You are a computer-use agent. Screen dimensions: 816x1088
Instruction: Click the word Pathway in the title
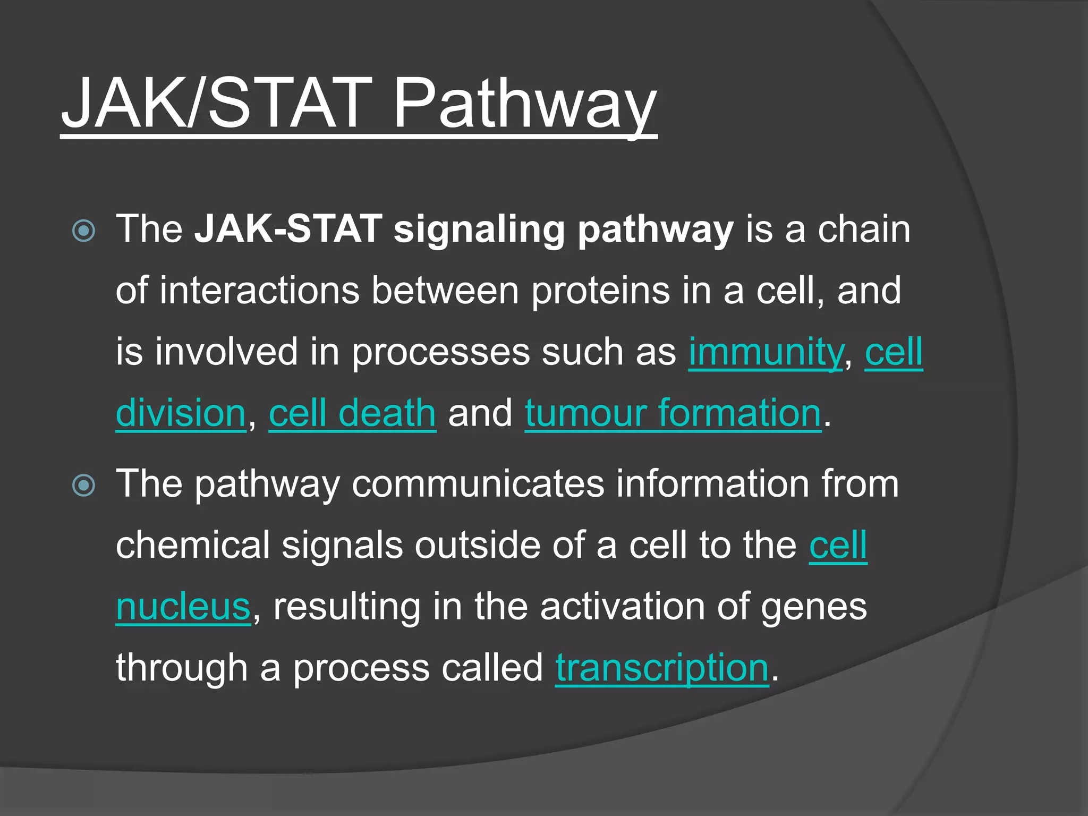click(x=523, y=104)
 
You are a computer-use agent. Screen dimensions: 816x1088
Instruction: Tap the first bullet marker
click(x=84, y=231)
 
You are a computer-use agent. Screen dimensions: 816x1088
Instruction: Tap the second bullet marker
click(x=84, y=486)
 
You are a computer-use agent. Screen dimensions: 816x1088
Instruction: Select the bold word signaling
click(x=479, y=229)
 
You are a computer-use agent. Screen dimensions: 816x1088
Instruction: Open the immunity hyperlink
click(x=766, y=352)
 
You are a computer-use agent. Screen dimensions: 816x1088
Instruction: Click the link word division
click(x=181, y=413)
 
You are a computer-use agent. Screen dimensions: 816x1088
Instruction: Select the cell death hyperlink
click(x=352, y=413)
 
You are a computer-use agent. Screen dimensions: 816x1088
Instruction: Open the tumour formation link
click(x=673, y=413)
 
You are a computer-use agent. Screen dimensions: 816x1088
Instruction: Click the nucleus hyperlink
click(x=183, y=607)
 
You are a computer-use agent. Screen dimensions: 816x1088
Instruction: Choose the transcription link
click(x=662, y=668)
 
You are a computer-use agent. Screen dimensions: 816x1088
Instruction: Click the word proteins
click(x=600, y=291)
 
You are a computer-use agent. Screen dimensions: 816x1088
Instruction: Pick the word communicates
click(x=478, y=484)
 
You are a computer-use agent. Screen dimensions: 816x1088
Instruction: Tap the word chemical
click(x=193, y=546)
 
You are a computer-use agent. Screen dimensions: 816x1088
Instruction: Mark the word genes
click(x=813, y=607)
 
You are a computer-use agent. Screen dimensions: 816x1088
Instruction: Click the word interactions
click(x=259, y=291)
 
